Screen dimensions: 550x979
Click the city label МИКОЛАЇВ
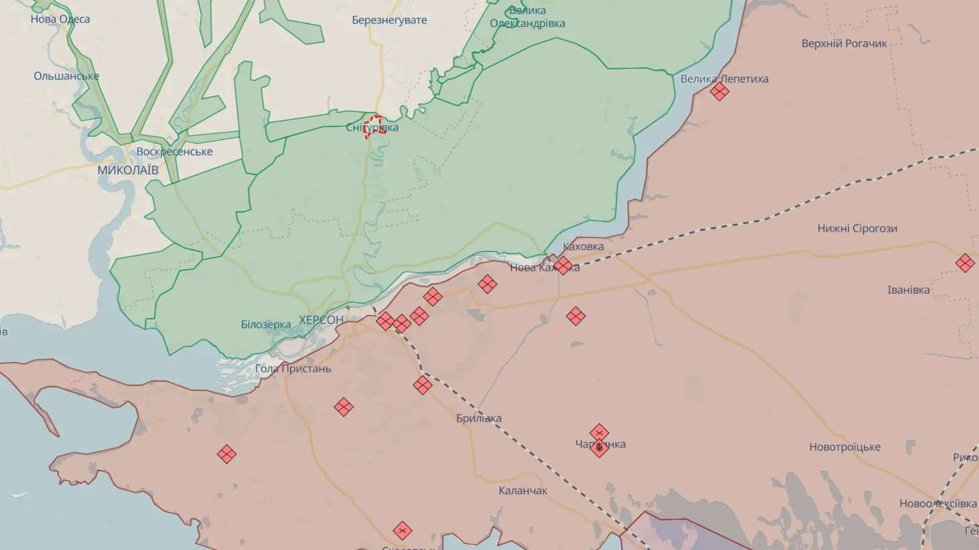[x=128, y=170]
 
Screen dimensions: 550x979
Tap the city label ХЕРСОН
[x=321, y=320]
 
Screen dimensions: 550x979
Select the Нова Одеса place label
[x=60, y=19]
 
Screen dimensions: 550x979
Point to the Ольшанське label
[x=67, y=76]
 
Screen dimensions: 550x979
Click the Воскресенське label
[x=174, y=151]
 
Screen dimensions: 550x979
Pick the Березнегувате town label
[x=390, y=20]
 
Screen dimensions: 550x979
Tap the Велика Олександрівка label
[x=528, y=17]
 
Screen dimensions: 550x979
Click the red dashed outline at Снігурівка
[x=374, y=126]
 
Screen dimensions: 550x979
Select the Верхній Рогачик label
[x=844, y=44]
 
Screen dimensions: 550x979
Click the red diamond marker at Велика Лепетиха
[x=720, y=92]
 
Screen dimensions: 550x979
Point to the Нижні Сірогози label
[x=857, y=228]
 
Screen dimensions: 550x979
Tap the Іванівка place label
[x=908, y=290]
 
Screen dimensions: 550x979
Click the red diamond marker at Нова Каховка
[x=563, y=265]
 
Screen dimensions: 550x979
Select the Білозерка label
[x=266, y=324]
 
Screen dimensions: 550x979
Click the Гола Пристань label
[x=293, y=369]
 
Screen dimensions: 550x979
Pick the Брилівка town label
[x=478, y=418]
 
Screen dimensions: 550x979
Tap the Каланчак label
[x=523, y=491]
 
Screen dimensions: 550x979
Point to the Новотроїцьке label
[x=844, y=447]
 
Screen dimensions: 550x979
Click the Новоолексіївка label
[x=938, y=504]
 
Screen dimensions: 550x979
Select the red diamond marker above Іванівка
[x=965, y=263]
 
